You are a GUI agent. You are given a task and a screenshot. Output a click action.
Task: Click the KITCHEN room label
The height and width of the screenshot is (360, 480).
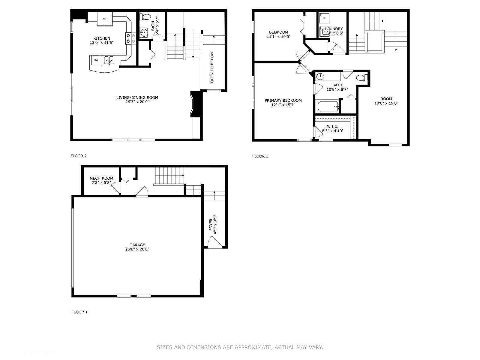(102, 38)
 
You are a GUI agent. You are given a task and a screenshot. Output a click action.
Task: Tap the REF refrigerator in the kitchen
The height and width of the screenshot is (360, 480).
(105, 19)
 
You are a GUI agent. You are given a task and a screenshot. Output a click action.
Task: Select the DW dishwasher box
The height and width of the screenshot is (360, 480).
(96, 60)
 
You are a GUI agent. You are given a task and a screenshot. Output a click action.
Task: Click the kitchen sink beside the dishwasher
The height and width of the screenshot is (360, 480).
(109, 60)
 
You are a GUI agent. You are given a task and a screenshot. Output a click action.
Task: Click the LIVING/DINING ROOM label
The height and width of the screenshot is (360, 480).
(137, 97)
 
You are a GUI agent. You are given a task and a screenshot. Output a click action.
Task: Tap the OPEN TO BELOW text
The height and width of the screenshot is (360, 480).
(212, 67)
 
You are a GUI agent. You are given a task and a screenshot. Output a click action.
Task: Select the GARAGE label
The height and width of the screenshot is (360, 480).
(137, 245)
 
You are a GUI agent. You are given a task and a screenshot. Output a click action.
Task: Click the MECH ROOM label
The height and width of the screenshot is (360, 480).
(101, 178)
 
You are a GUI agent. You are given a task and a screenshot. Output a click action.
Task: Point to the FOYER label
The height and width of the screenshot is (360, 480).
(211, 224)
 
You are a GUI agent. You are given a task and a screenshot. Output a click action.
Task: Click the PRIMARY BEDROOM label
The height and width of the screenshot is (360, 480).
(283, 100)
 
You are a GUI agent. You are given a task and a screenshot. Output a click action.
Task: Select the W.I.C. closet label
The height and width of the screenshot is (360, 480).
(332, 126)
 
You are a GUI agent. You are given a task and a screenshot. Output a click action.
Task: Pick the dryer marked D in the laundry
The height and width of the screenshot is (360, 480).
(324, 18)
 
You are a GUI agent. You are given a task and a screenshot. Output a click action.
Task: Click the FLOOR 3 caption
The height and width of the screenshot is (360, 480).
(260, 156)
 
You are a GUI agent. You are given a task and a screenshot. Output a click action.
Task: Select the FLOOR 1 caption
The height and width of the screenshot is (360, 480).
(79, 312)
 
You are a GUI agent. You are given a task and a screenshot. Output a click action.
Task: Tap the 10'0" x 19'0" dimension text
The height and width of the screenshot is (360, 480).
(386, 103)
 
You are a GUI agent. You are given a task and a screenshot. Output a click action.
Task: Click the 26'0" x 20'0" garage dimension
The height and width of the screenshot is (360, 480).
(137, 249)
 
